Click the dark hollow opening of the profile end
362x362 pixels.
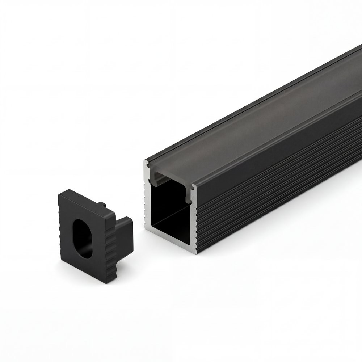point(170,214)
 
